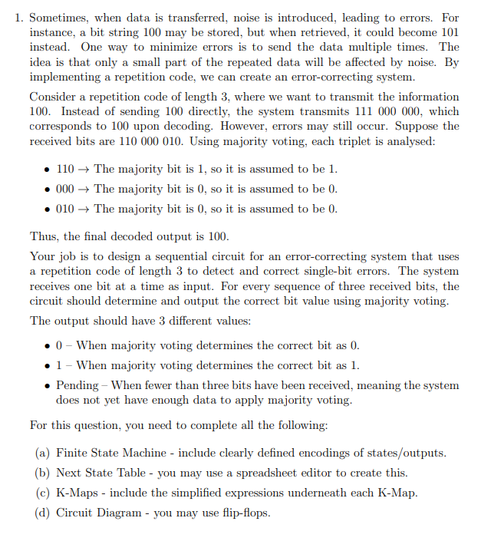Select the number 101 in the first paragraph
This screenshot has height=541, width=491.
pyautogui.click(x=447, y=32)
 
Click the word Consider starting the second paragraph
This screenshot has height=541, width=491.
pyautogui.click(x=52, y=97)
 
